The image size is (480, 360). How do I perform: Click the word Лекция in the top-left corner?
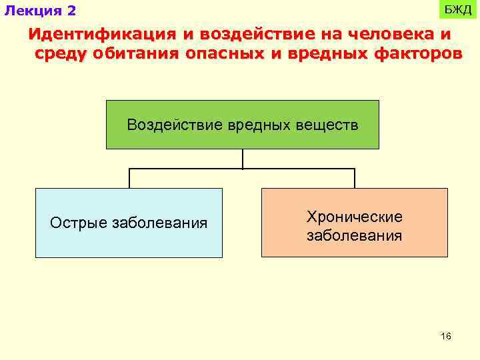coord(32,11)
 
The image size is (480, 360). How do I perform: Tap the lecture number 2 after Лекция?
coord(71,11)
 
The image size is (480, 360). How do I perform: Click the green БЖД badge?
coord(457,10)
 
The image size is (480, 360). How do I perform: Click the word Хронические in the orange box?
coord(354,217)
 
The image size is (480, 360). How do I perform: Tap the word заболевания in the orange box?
coord(354,235)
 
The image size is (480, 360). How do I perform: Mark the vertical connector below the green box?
coord(243,159)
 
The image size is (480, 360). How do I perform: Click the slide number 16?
coord(446,337)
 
